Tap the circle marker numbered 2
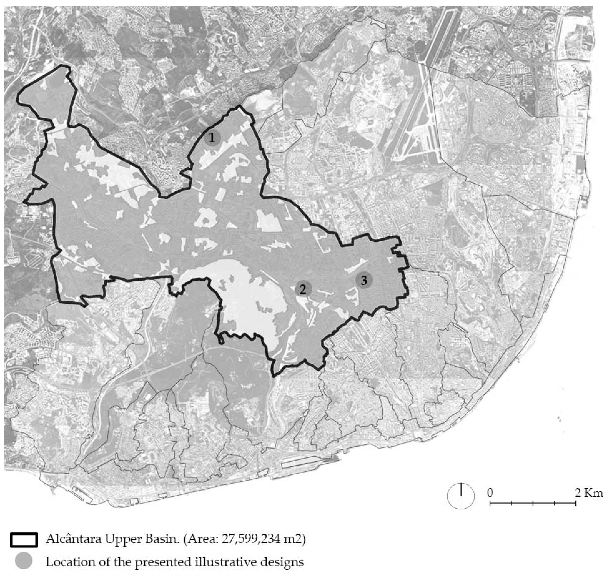(x=303, y=289)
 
